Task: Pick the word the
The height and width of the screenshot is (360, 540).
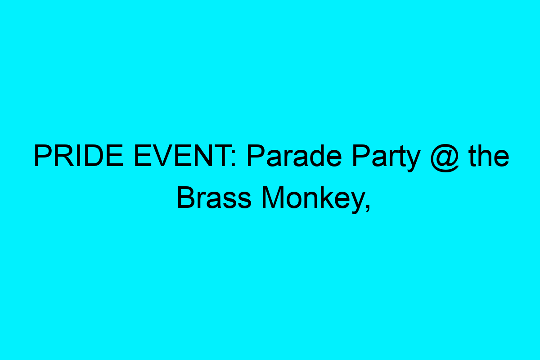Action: click(x=489, y=157)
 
